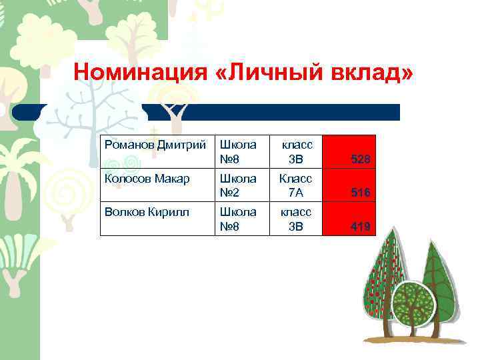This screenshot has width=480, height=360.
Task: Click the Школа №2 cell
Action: click(238, 185)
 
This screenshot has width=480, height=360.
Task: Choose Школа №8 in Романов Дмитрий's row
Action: click(238, 152)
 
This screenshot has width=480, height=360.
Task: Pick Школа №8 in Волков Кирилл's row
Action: click(238, 219)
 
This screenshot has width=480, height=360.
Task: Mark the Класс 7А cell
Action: click(295, 185)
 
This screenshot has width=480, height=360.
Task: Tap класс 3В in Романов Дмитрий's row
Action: click(295, 152)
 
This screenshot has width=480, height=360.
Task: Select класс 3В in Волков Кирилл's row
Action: click(295, 219)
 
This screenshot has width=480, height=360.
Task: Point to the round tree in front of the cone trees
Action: click(413, 303)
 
